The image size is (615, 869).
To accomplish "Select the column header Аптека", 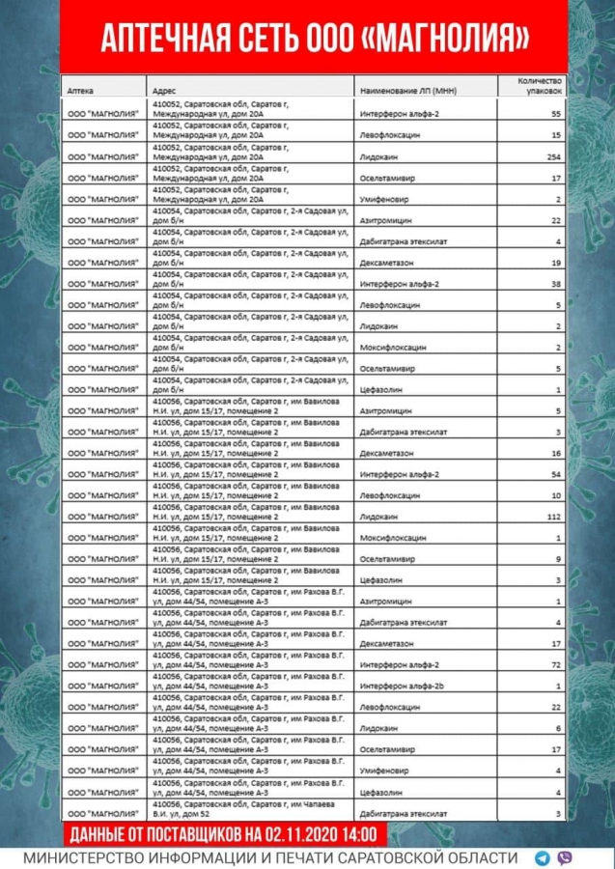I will tap(80, 90).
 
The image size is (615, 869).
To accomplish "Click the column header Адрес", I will tap(162, 90).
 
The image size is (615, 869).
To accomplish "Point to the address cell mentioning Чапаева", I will tap(251, 809).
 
